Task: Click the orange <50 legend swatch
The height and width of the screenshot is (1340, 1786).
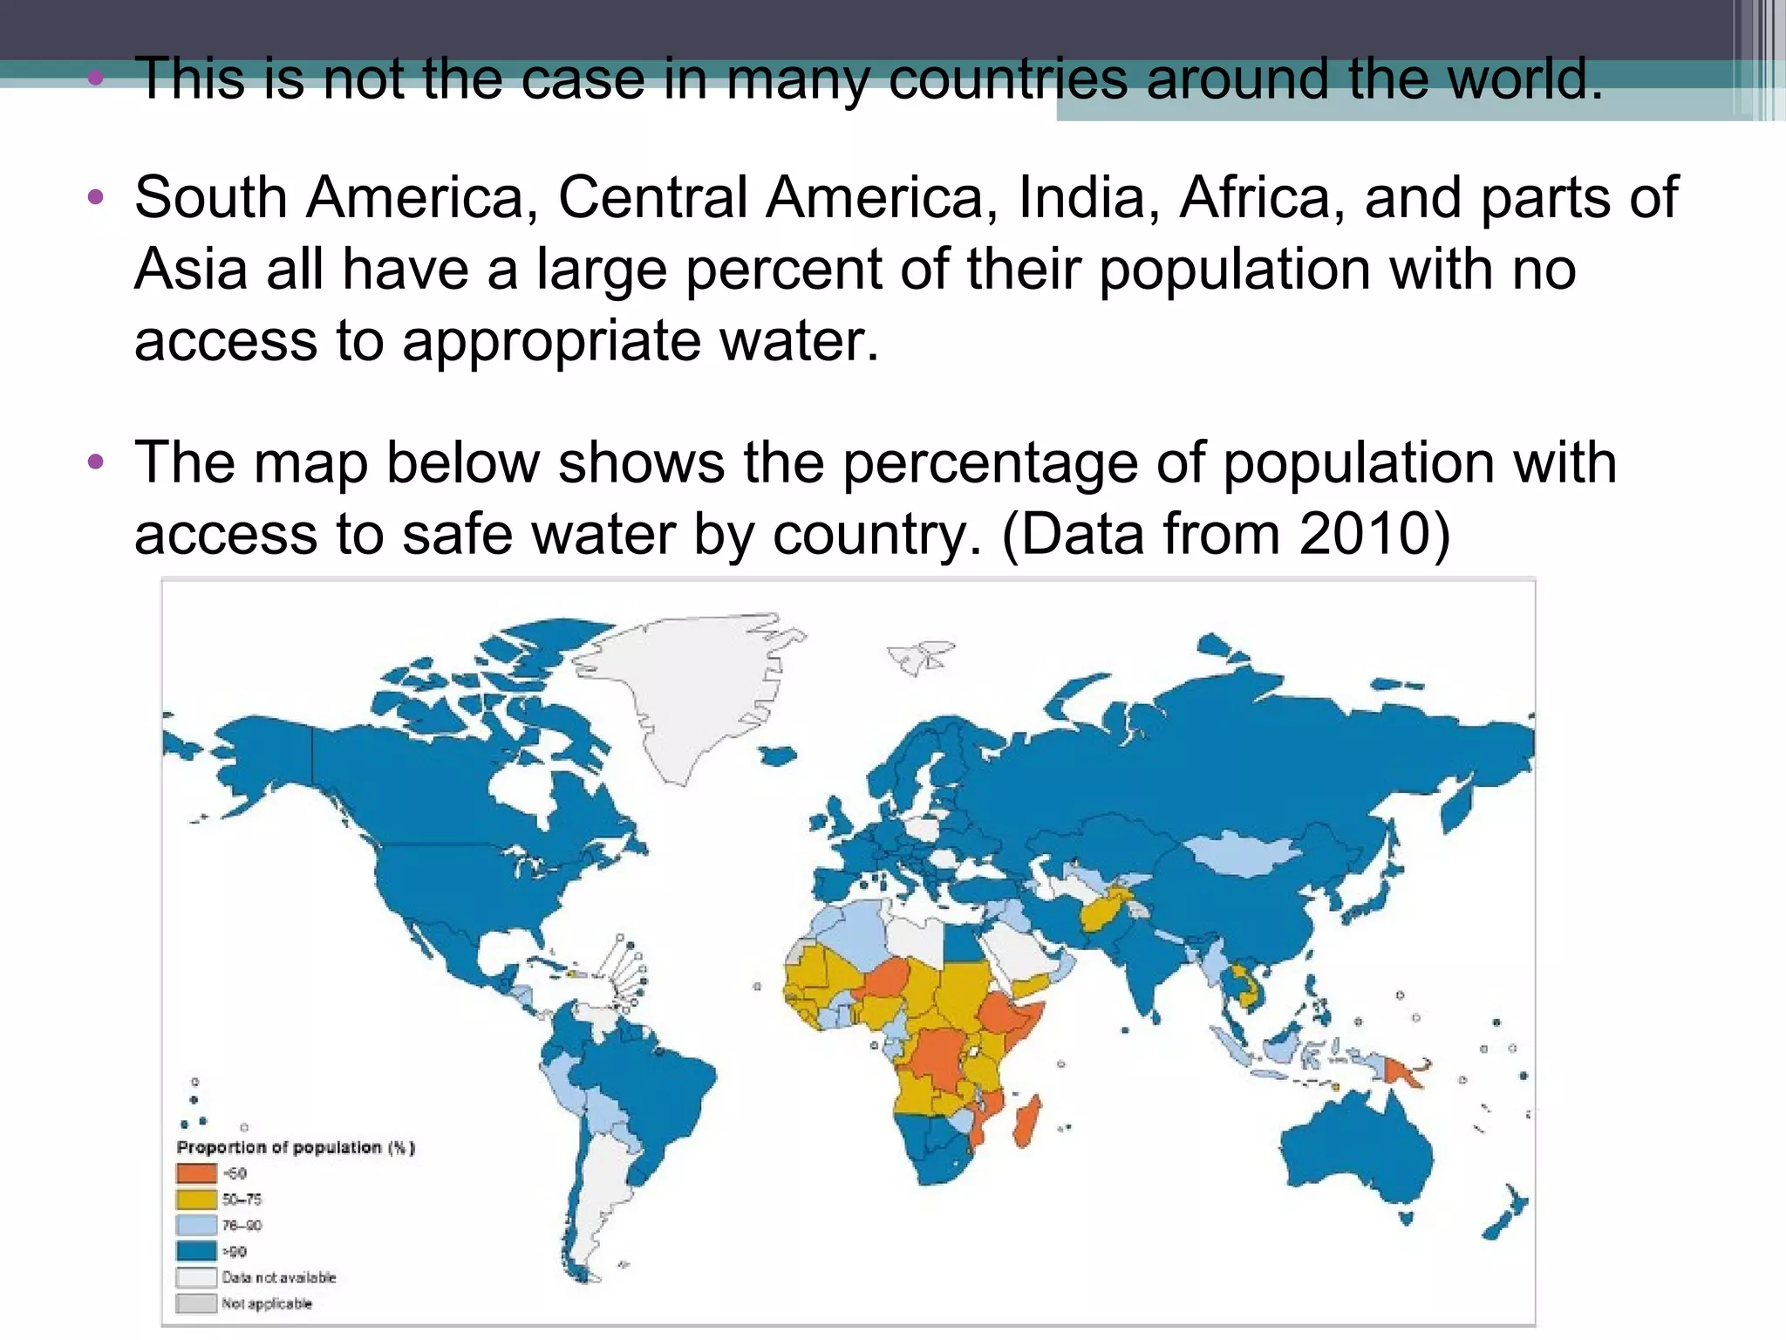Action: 196,1173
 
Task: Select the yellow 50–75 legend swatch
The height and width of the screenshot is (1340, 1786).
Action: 196,1200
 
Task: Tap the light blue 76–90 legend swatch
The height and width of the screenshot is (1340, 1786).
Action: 196,1226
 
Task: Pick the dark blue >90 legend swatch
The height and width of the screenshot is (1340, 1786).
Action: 196,1251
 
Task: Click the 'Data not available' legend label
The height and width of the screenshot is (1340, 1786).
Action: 278,1277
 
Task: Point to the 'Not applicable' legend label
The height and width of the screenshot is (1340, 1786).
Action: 266,1303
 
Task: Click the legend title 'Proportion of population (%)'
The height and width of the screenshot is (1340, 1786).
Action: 296,1147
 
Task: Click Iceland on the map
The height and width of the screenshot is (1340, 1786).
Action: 779,754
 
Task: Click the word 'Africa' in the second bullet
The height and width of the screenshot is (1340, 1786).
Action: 1256,198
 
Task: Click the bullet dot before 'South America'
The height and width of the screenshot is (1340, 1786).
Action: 96,196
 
